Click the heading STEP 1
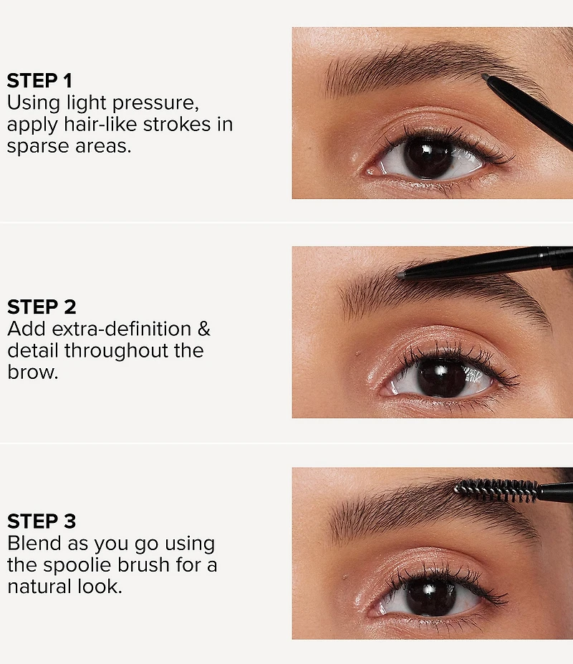coord(39,81)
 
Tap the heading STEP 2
coord(42,307)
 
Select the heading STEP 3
coord(42,521)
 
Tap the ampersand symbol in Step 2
coord(203,329)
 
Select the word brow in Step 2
coord(32,372)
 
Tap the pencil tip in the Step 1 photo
coord(486,78)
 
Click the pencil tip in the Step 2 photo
coord(400,275)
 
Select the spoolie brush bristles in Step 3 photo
coord(496,489)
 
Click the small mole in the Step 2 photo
coord(358,354)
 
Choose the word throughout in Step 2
coord(116,351)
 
